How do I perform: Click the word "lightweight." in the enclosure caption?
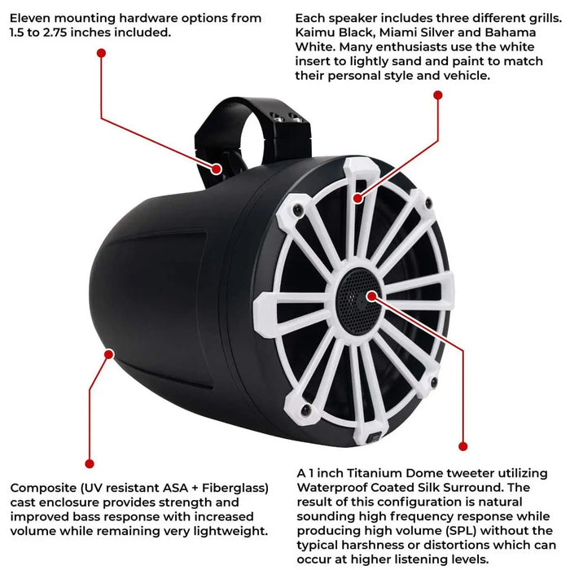click(230, 531)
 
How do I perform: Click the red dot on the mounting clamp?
click(217, 169)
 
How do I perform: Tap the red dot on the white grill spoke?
click(358, 198)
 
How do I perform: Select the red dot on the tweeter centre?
click(371, 296)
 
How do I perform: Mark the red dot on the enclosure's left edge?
click(109, 353)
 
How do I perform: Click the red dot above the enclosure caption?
click(90, 463)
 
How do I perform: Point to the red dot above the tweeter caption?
click(463, 446)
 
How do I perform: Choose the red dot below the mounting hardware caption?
click(102, 53)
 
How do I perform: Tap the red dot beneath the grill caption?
click(438, 95)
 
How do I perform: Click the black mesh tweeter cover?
click(358, 300)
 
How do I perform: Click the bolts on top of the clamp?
click(287, 117)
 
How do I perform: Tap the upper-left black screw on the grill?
click(298, 208)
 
